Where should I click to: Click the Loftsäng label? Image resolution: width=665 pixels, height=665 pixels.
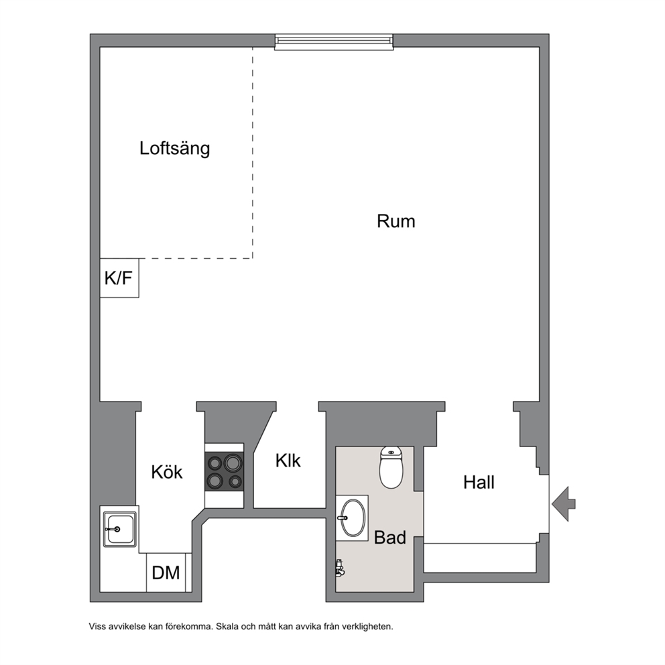click(x=175, y=149)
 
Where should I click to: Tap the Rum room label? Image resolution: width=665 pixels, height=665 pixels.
click(x=396, y=221)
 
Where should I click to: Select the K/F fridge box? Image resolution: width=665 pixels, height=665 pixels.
click(x=119, y=278)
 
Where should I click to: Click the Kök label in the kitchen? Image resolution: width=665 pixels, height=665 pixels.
click(x=167, y=472)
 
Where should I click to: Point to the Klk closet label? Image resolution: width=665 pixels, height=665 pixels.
click(x=288, y=461)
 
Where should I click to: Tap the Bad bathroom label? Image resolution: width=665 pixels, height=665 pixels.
click(x=389, y=538)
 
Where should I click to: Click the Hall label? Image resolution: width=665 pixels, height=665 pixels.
click(x=479, y=483)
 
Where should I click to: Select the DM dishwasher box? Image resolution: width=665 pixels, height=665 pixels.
click(x=166, y=572)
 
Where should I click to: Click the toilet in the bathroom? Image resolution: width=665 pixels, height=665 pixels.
click(x=391, y=467)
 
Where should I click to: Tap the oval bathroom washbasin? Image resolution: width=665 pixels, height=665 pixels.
click(x=353, y=518)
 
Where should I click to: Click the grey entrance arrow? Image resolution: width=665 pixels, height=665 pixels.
click(x=564, y=504)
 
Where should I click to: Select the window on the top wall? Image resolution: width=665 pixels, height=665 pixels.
click(x=334, y=42)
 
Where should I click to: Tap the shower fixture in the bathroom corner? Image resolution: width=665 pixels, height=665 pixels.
click(x=340, y=568)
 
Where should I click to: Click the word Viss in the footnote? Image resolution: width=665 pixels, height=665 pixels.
click(x=97, y=626)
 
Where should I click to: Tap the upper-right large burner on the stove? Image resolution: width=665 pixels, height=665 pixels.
click(x=233, y=463)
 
